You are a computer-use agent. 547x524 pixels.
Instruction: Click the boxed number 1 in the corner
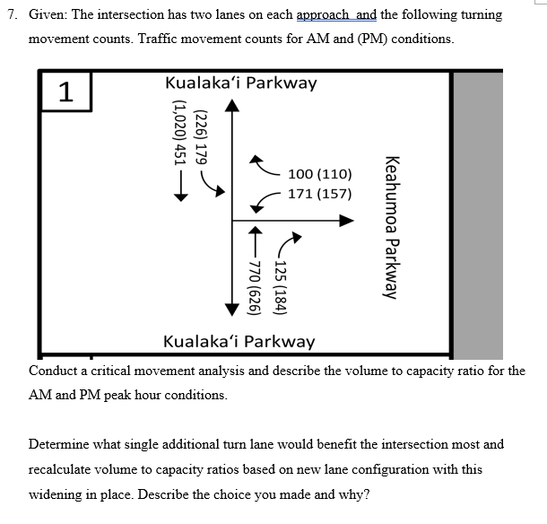[65, 91]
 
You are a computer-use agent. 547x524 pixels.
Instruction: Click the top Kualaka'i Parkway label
[240, 83]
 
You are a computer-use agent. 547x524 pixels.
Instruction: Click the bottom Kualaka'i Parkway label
[239, 341]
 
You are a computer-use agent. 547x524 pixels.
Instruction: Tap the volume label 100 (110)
[320, 174]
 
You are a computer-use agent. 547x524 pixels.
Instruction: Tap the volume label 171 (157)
[320, 193]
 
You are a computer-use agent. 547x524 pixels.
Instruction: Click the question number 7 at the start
[11, 15]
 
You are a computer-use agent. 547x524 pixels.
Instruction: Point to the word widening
[58, 493]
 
